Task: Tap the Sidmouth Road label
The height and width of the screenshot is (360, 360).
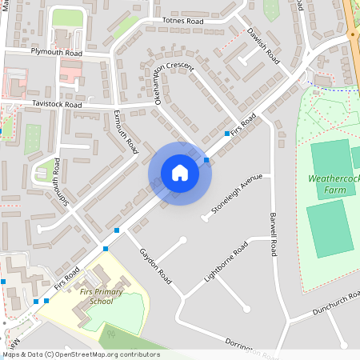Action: click(57, 182)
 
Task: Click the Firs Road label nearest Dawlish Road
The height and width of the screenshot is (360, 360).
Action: click(244, 124)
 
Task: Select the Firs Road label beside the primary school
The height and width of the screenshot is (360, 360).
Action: click(67, 278)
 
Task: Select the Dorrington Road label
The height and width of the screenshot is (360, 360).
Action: click(250, 345)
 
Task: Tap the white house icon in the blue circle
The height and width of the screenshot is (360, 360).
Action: click(179, 173)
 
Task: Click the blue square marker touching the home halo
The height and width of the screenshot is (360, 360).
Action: click(207, 161)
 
